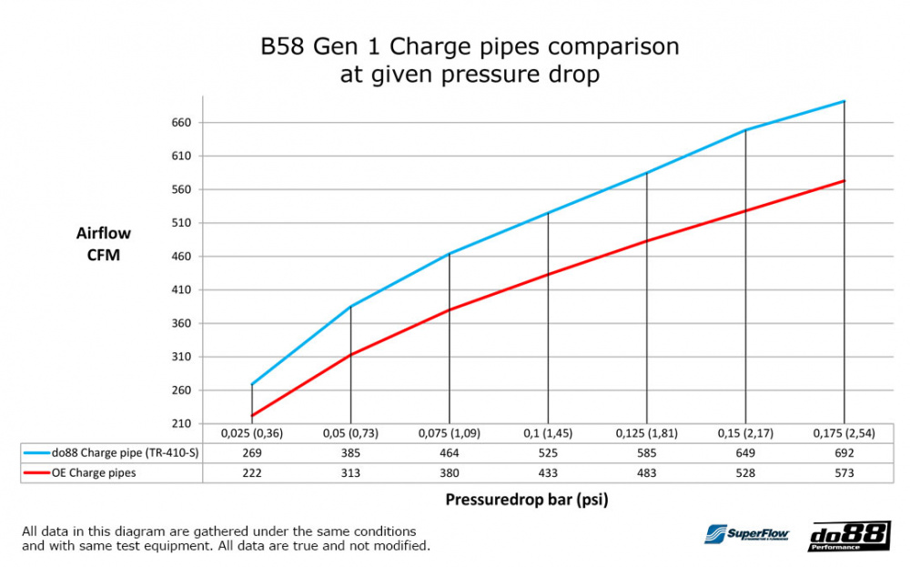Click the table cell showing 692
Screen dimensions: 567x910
(x=844, y=452)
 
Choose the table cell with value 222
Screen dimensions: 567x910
(x=252, y=472)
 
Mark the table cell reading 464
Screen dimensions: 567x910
(x=450, y=452)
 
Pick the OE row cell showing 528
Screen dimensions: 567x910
(x=745, y=472)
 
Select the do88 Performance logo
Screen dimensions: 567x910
(x=848, y=536)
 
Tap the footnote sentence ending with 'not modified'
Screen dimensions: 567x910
(x=226, y=546)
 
